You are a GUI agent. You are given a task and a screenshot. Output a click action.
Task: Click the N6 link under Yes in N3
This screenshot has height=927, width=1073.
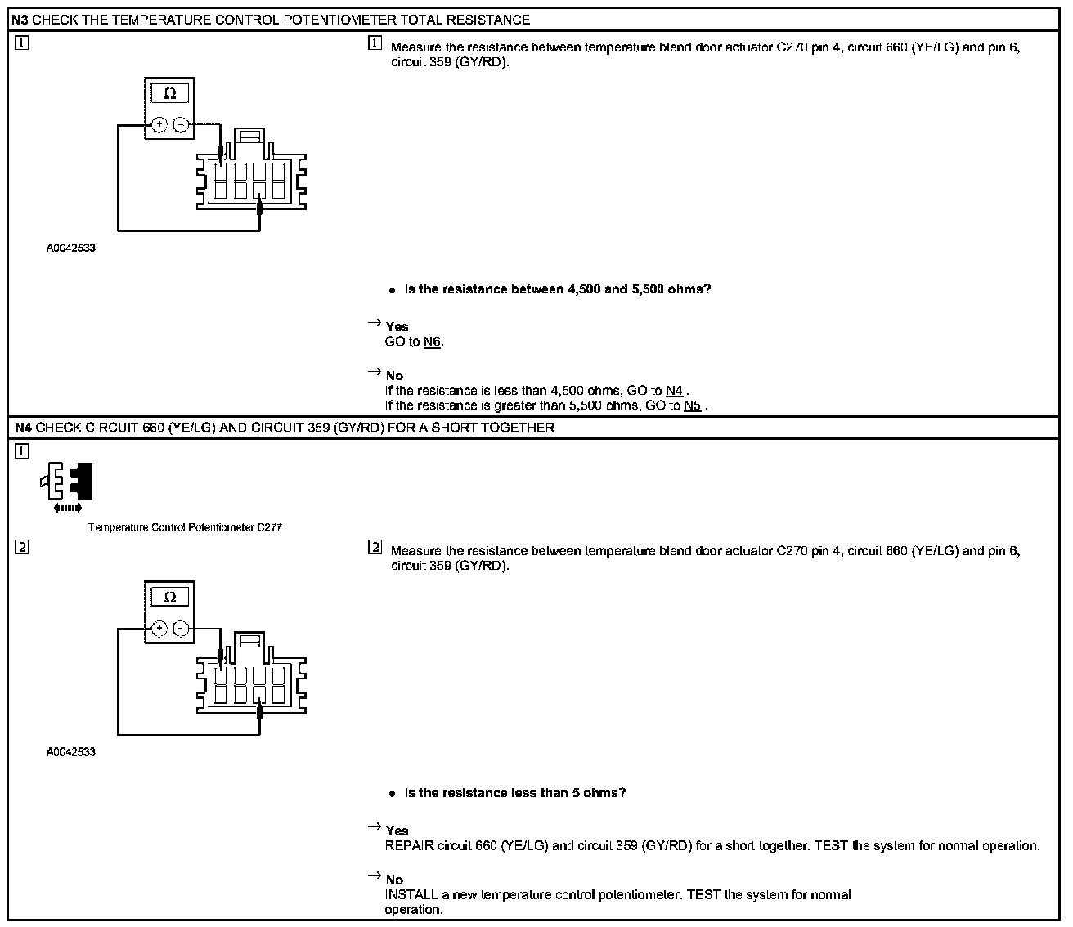[433, 343]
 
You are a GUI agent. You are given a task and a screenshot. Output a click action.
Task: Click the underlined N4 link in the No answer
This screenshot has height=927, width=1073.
[674, 392]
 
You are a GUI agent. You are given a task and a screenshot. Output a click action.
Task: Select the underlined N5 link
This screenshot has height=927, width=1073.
[692, 405]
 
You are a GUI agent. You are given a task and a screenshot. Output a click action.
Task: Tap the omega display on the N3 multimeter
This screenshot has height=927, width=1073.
[170, 93]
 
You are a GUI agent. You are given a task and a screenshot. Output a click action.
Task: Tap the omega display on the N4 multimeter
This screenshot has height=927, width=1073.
[170, 597]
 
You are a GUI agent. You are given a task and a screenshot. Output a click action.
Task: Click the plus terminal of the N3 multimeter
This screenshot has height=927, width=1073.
[159, 125]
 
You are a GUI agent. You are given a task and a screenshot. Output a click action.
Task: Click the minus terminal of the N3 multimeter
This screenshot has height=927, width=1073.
[181, 125]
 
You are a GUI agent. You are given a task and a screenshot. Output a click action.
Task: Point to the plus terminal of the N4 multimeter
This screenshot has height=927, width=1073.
[159, 629]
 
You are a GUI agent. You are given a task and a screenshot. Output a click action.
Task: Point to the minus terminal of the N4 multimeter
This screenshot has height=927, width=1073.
[181, 629]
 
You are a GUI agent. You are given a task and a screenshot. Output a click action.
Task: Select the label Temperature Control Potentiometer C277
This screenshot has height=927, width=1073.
[185, 527]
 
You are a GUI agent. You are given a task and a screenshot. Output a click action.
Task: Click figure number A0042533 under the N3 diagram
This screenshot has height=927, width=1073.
[70, 248]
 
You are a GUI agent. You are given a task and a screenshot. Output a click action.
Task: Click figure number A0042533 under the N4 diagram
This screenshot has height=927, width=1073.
[70, 751]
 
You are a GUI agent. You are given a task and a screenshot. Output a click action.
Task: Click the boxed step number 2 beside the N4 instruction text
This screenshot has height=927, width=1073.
[375, 548]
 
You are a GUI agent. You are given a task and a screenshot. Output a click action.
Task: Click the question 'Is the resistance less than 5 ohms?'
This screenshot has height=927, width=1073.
[515, 793]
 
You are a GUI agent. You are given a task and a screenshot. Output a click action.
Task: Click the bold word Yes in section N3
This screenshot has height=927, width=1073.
[397, 327]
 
